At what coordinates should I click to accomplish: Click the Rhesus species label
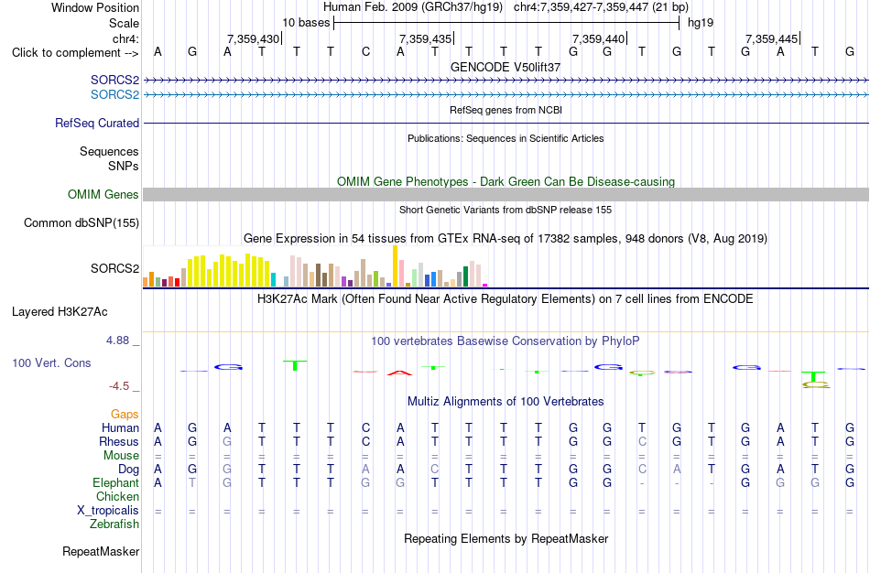coord(119,441)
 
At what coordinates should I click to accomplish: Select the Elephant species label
coord(115,482)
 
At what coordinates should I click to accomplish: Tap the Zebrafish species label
coord(114,524)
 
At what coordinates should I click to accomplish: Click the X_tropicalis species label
coord(108,511)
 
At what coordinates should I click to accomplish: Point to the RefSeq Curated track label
coord(97,124)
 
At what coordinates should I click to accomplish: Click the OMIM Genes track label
coord(103,194)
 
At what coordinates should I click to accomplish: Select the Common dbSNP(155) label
coord(82,223)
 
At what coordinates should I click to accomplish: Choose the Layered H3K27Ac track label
coord(60,312)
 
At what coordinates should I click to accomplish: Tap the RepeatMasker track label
coord(101,551)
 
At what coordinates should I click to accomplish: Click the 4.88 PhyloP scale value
coord(117,340)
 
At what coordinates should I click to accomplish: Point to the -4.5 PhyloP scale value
coord(119,386)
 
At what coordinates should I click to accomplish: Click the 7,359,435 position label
coord(426,38)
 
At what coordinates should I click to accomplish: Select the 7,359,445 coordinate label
coord(772,38)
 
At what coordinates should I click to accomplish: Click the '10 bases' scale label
coord(306,23)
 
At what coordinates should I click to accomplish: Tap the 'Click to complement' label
coord(75,53)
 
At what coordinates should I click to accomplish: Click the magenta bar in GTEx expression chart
coord(485,285)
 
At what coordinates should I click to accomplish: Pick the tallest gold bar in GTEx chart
coord(395,265)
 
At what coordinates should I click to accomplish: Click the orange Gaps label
coord(125,415)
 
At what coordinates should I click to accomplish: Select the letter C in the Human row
coord(365,427)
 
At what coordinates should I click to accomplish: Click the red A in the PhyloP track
coord(399,373)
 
